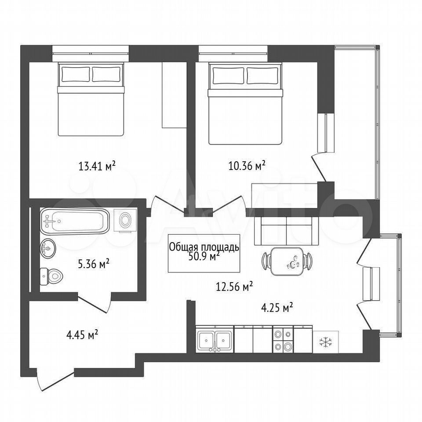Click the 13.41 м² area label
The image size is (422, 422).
pos(97,166)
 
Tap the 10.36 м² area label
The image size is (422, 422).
pos(247,166)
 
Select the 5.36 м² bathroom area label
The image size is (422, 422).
pos(93,264)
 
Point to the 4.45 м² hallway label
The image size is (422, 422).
pos(82,335)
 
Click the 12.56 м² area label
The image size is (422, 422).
pos(234,287)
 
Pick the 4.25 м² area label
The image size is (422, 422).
pos(277,307)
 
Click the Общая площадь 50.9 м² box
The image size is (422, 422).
pos(204,253)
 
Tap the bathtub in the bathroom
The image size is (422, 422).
pos(75,222)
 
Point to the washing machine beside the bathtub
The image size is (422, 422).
pos(125,220)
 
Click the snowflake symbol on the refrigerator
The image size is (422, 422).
pos(326,342)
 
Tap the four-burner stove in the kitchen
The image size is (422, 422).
pos(283,340)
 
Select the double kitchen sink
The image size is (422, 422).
pos(215,340)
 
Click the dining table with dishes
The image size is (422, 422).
pos(287,261)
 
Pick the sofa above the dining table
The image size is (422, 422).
pos(286,230)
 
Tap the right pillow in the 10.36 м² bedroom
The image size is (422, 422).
pos(262,76)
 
